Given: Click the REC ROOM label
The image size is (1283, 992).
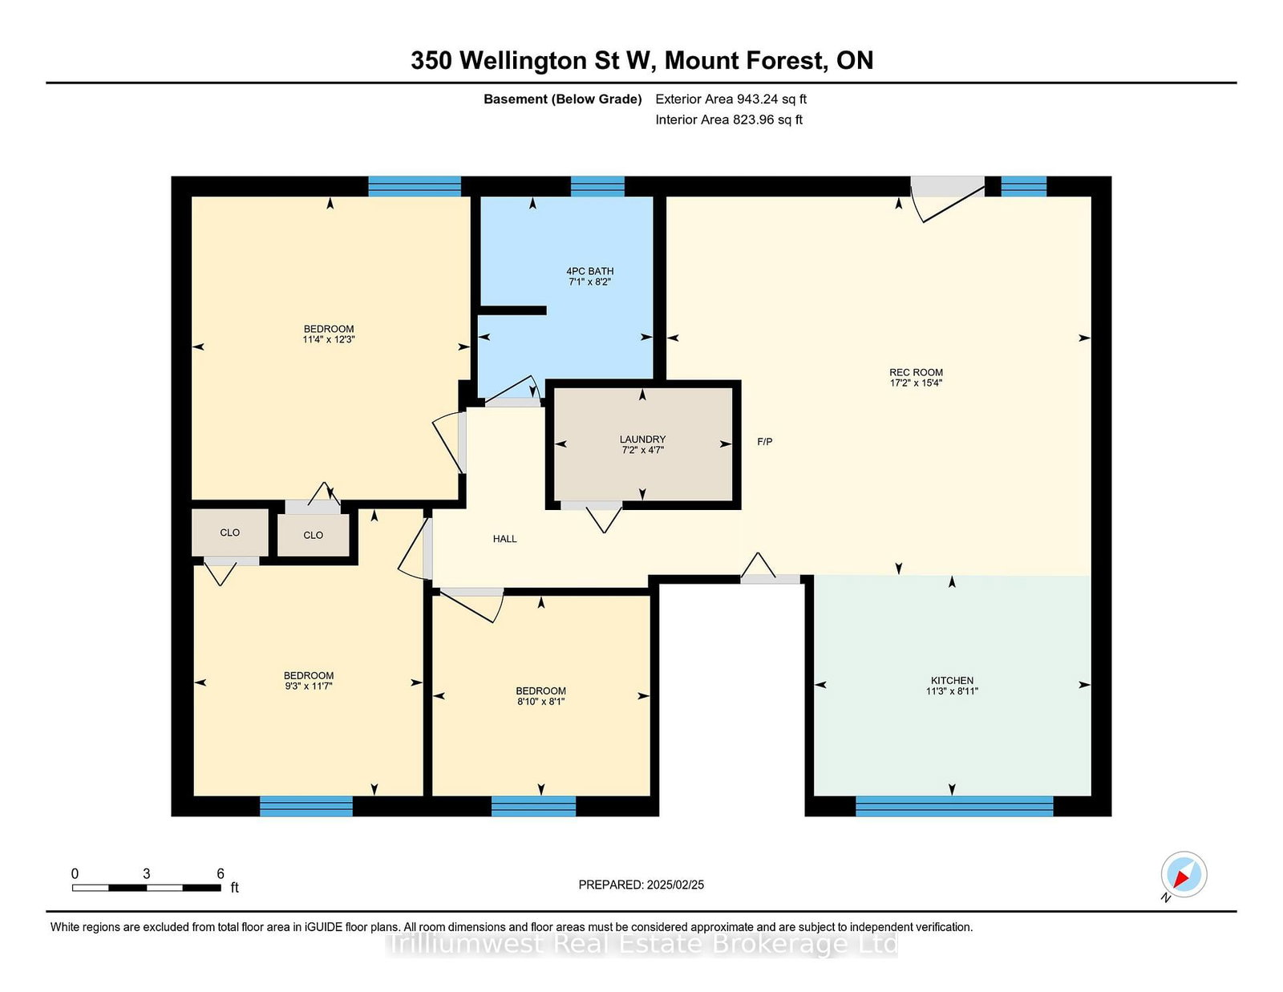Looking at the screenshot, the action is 916,373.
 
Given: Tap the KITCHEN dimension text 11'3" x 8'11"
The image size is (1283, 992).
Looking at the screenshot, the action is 952,690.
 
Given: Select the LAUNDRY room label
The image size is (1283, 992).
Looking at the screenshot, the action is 642,439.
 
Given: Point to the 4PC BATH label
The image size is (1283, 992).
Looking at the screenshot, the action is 590,272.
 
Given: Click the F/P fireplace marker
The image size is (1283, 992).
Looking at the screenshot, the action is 765,442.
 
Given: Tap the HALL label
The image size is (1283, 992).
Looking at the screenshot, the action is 505,539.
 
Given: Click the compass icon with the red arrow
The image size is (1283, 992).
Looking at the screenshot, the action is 1184,874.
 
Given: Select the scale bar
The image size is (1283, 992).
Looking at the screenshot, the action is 147,888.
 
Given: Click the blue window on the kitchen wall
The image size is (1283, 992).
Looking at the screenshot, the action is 954,806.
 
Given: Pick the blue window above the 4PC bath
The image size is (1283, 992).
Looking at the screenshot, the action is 597,186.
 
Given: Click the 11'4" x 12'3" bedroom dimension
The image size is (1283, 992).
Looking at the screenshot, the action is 328,339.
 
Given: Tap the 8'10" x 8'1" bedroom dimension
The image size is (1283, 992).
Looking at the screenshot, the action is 540,702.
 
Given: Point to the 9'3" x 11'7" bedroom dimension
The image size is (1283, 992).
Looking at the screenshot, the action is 308,686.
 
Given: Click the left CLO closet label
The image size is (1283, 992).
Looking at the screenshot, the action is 229,532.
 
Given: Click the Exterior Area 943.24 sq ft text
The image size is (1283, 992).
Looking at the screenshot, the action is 731,99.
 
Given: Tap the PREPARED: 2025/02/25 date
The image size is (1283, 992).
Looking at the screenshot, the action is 641,885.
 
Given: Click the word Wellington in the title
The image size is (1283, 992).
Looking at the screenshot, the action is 523,62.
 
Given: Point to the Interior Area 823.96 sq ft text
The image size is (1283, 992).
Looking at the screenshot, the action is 729,119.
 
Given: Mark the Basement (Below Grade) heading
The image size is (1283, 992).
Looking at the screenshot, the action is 563,99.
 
